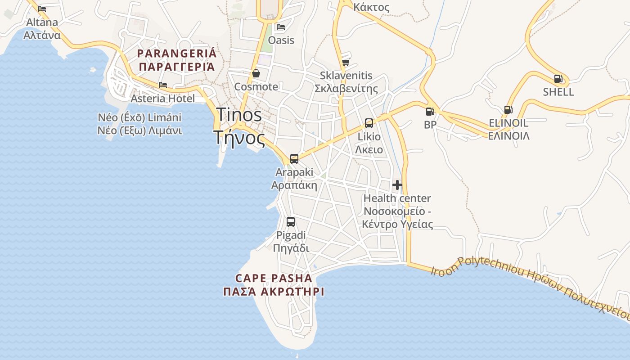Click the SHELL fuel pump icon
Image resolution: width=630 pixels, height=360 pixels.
(x=558, y=79)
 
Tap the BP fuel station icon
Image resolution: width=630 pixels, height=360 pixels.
(x=430, y=111)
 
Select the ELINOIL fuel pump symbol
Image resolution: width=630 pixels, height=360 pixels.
(x=508, y=109)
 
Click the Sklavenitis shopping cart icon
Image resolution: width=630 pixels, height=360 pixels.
(x=346, y=62)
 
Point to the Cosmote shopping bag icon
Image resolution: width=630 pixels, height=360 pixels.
(x=256, y=73)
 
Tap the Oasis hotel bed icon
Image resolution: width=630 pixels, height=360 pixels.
(x=281, y=27)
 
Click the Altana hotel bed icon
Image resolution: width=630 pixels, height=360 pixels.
(x=42, y=9)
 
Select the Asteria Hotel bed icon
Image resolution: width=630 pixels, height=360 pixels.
(x=163, y=85)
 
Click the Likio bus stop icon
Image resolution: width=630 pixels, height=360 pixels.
(x=369, y=123)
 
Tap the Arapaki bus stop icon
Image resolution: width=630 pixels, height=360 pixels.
(x=294, y=158)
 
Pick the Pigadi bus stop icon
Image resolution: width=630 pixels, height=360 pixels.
(x=291, y=221)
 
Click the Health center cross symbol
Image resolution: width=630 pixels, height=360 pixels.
(x=397, y=184)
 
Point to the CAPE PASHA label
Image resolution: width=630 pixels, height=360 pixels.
(x=274, y=284)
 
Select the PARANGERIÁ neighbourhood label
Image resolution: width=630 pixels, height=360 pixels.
(x=176, y=60)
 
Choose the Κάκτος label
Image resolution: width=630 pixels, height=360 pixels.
(x=371, y=7)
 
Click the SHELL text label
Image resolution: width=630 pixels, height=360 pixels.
(x=558, y=92)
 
